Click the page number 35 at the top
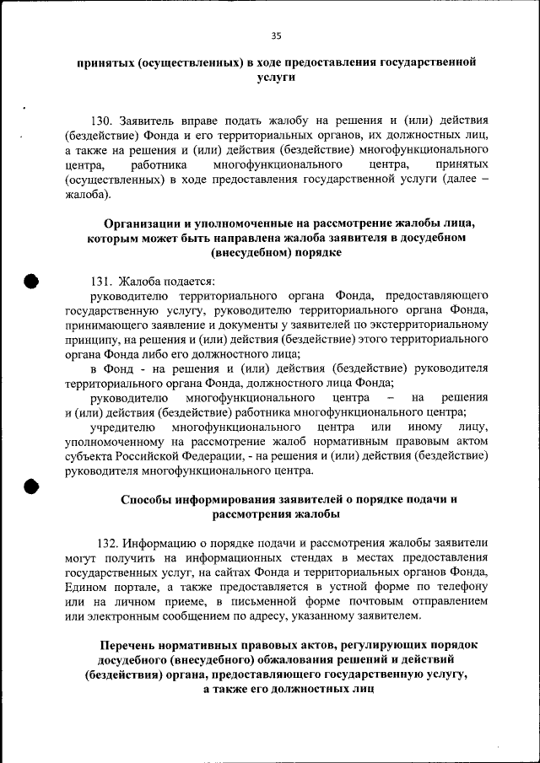click(276, 35)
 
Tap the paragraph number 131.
click(101, 281)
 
